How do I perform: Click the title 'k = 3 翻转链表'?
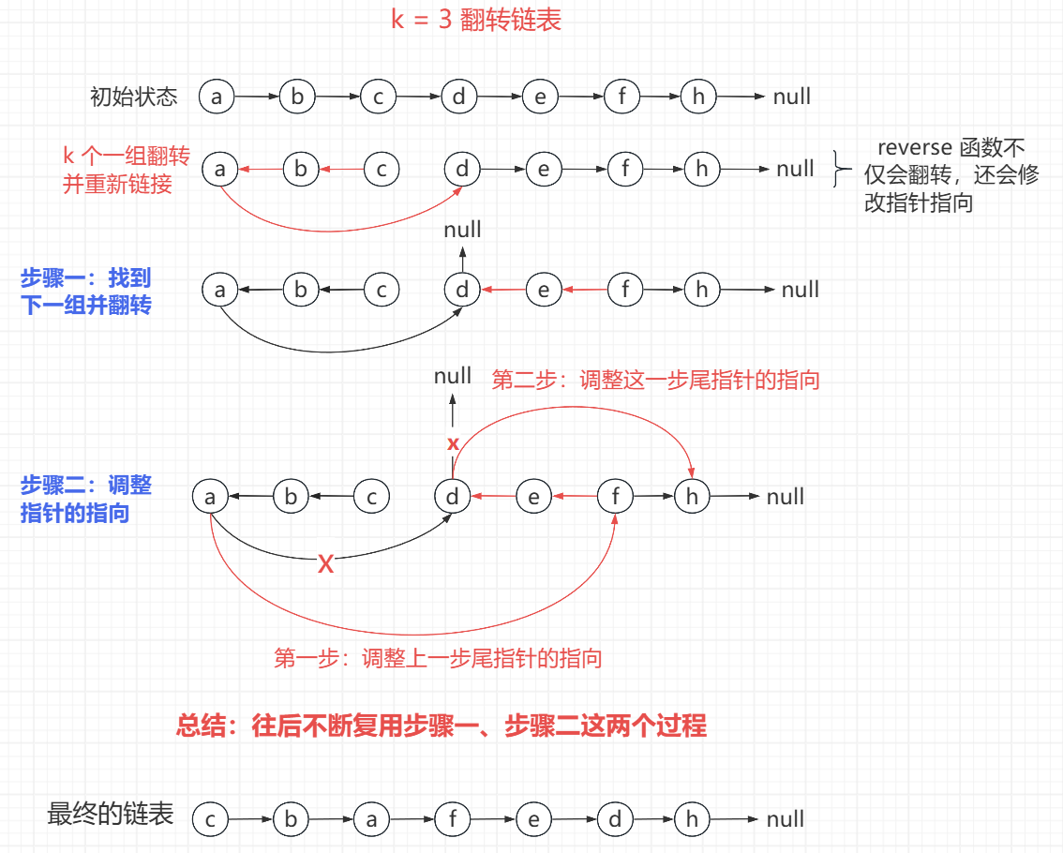475,21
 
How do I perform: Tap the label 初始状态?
133,97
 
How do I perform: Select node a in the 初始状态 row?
217,97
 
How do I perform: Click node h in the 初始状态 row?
697,97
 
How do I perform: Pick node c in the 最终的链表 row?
210,820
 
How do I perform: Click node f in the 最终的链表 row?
452,820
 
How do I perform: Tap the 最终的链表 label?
111,815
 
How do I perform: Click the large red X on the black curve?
326,564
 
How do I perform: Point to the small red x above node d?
453,442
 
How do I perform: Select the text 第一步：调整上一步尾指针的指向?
438,658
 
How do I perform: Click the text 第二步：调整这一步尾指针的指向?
655,380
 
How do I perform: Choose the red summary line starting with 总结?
442,726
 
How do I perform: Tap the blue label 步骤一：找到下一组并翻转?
85,292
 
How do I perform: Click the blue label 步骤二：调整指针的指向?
85,499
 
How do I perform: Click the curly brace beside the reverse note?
841,171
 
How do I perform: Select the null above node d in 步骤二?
453,376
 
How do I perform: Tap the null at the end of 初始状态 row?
792,97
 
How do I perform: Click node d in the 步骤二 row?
453,497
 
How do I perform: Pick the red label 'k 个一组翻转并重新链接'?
125,170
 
